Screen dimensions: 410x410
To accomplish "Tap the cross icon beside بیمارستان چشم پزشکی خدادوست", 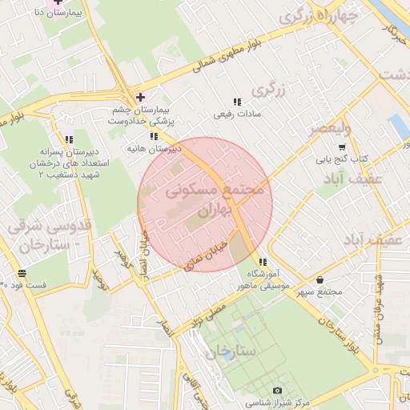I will tap(141, 97).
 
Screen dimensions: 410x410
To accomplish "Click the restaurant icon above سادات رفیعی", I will tap(236, 102).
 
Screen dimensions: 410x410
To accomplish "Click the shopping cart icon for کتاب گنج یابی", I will tap(342, 147).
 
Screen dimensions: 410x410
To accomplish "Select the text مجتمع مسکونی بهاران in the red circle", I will tap(214, 200).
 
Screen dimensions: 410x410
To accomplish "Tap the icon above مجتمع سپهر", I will tap(320, 280).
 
